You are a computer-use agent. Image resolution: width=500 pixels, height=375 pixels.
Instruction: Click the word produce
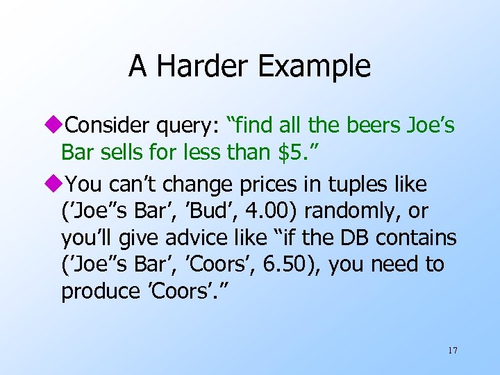(x=100, y=292)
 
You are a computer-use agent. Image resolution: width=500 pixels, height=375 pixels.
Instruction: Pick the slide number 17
(x=452, y=350)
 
